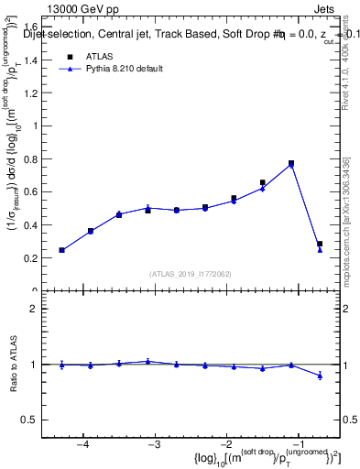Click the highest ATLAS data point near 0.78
click(x=291, y=163)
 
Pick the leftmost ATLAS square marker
click(x=61, y=250)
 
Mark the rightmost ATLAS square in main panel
click(x=320, y=244)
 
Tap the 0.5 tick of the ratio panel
click(x=38, y=420)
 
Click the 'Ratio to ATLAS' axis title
click(x=13, y=365)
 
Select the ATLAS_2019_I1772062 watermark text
click(x=191, y=274)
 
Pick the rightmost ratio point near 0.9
click(x=320, y=376)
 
